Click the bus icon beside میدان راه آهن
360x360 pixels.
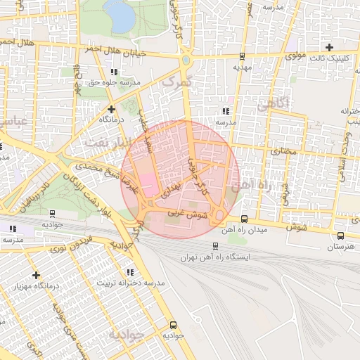(x=244, y=219)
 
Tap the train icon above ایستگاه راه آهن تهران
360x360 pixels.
(x=215, y=246)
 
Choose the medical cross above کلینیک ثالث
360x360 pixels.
(x=329, y=46)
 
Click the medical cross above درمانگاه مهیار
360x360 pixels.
(x=36, y=275)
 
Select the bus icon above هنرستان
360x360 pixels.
(x=341, y=236)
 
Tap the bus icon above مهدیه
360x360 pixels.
(x=243, y=56)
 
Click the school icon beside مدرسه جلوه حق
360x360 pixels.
(x=114, y=72)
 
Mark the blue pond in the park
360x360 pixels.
(x=120, y=15)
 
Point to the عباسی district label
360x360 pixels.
(x=14, y=121)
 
